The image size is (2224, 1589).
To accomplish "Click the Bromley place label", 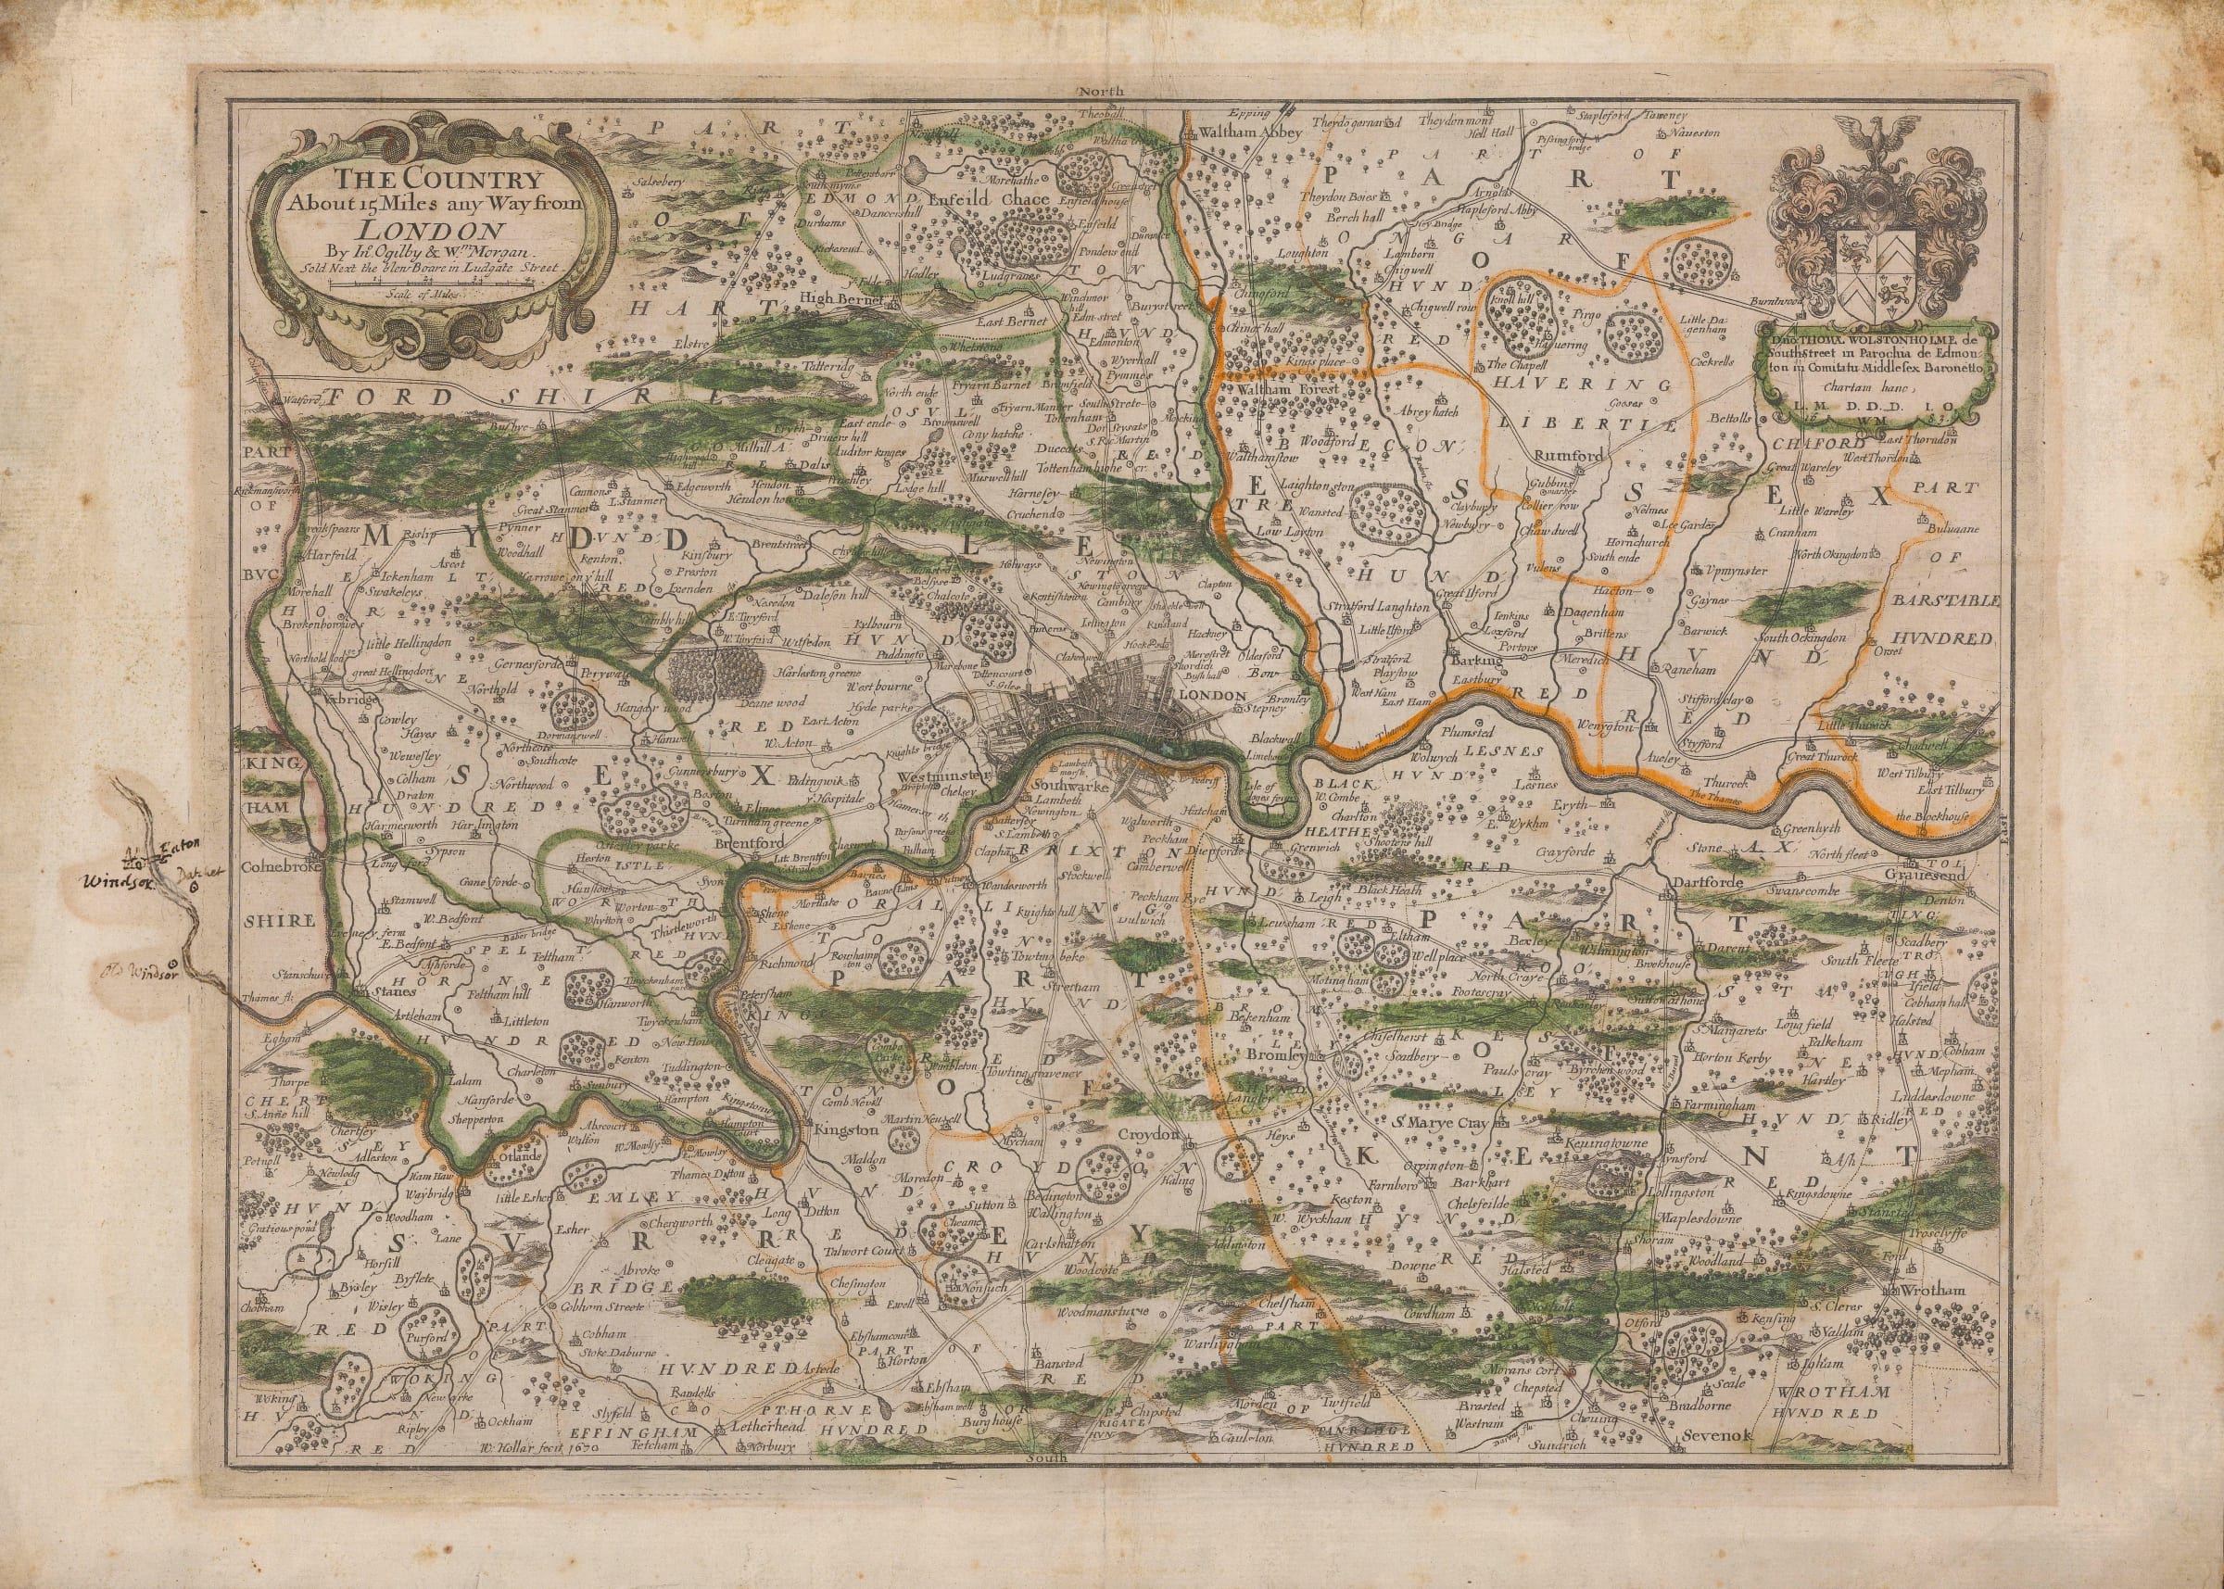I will coord(1275,1057).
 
